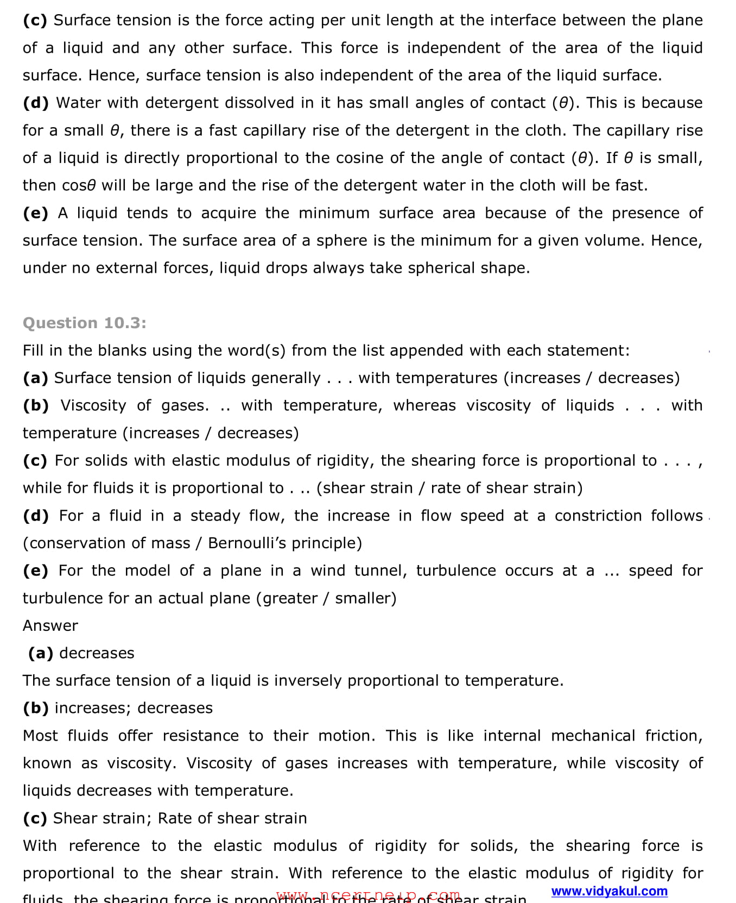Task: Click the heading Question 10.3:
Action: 85,323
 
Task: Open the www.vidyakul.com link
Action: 609,891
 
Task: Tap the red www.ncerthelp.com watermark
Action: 368,895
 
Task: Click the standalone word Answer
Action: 50,625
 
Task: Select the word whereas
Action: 424,405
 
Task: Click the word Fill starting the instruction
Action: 32,350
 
